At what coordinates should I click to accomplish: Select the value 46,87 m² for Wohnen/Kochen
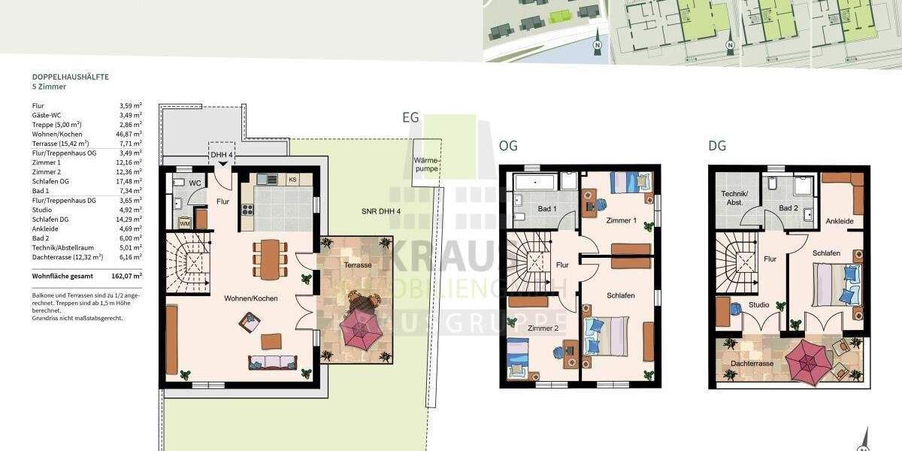coord(130,134)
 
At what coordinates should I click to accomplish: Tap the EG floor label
coord(410,118)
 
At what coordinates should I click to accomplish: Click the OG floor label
coord(508,146)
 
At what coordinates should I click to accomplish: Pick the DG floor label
coord(717,146)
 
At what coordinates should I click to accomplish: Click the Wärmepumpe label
coord(425,165)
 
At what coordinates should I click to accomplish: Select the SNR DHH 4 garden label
coord(378,211)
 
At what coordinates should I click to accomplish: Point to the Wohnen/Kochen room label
coord(250,298)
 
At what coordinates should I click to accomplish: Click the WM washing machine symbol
coord(184,223)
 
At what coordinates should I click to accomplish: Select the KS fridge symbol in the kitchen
coord(292,180)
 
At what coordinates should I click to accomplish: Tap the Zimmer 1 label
coord(621,220)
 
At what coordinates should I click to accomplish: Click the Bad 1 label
coord(546,208)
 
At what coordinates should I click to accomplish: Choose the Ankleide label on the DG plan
coord(839,222)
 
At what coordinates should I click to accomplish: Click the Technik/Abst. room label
coord(733,198)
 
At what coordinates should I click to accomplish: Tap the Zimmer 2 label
coord(542,328)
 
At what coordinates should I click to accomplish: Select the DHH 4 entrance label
coord(222,156)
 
